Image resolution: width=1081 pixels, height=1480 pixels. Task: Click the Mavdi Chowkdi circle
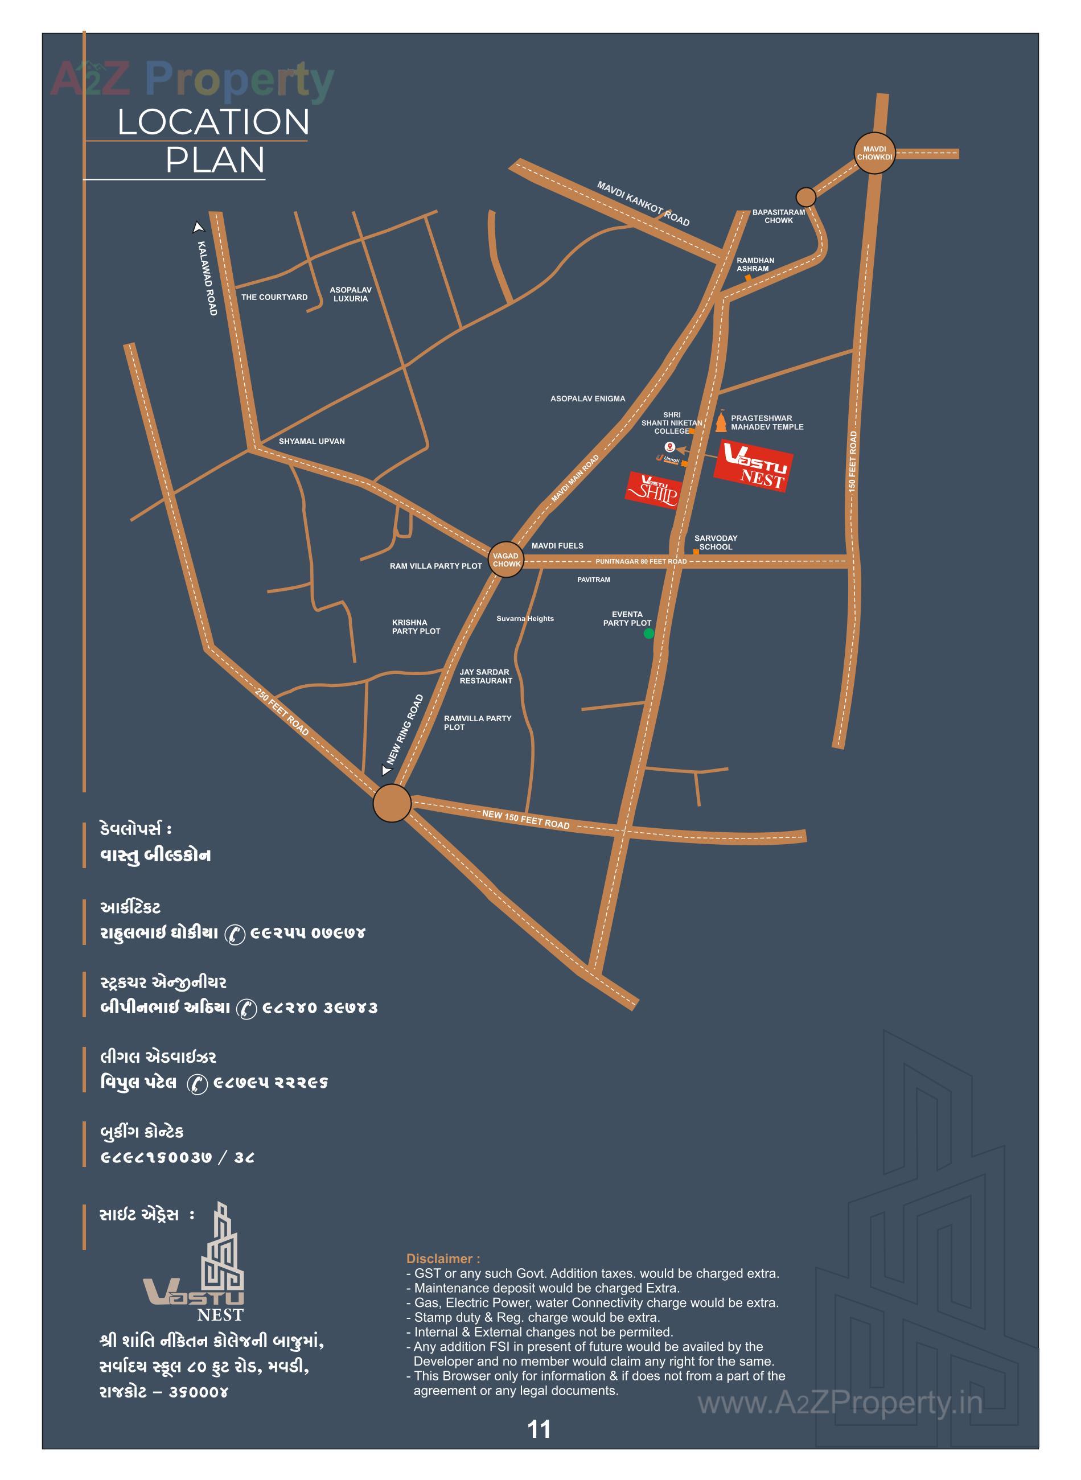click(x=874, y=154)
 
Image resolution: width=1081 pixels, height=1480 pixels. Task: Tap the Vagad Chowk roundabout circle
click(x=506, y=560)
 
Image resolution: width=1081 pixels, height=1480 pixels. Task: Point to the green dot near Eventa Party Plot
click(x=648, y=634)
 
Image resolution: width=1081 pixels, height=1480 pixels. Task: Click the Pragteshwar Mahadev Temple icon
click(x=721, y=421)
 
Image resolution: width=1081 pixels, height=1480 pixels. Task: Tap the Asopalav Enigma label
click(x=587, y=398)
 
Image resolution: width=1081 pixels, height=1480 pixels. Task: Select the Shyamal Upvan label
click(x=311, y=441)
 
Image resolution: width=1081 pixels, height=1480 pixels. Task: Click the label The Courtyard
click(x=274, y=297)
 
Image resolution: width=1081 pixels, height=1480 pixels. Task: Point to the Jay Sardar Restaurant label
click(x=486, y=676)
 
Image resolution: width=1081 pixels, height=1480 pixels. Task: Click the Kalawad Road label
click(x=207, y=278)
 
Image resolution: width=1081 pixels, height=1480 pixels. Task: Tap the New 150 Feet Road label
click(x=525, y=819)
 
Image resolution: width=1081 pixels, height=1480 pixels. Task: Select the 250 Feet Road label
click(x=282, y=712)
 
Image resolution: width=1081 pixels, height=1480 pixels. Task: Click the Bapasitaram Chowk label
click(x=778, y=216)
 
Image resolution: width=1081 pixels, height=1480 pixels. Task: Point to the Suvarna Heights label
click(x=525, y=618)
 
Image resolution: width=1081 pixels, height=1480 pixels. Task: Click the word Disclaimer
click(x=443, y=1258)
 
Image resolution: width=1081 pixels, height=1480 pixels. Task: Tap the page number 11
click(x=539, y=1429)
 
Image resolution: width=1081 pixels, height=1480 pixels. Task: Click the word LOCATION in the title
click(x=213, y=122)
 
